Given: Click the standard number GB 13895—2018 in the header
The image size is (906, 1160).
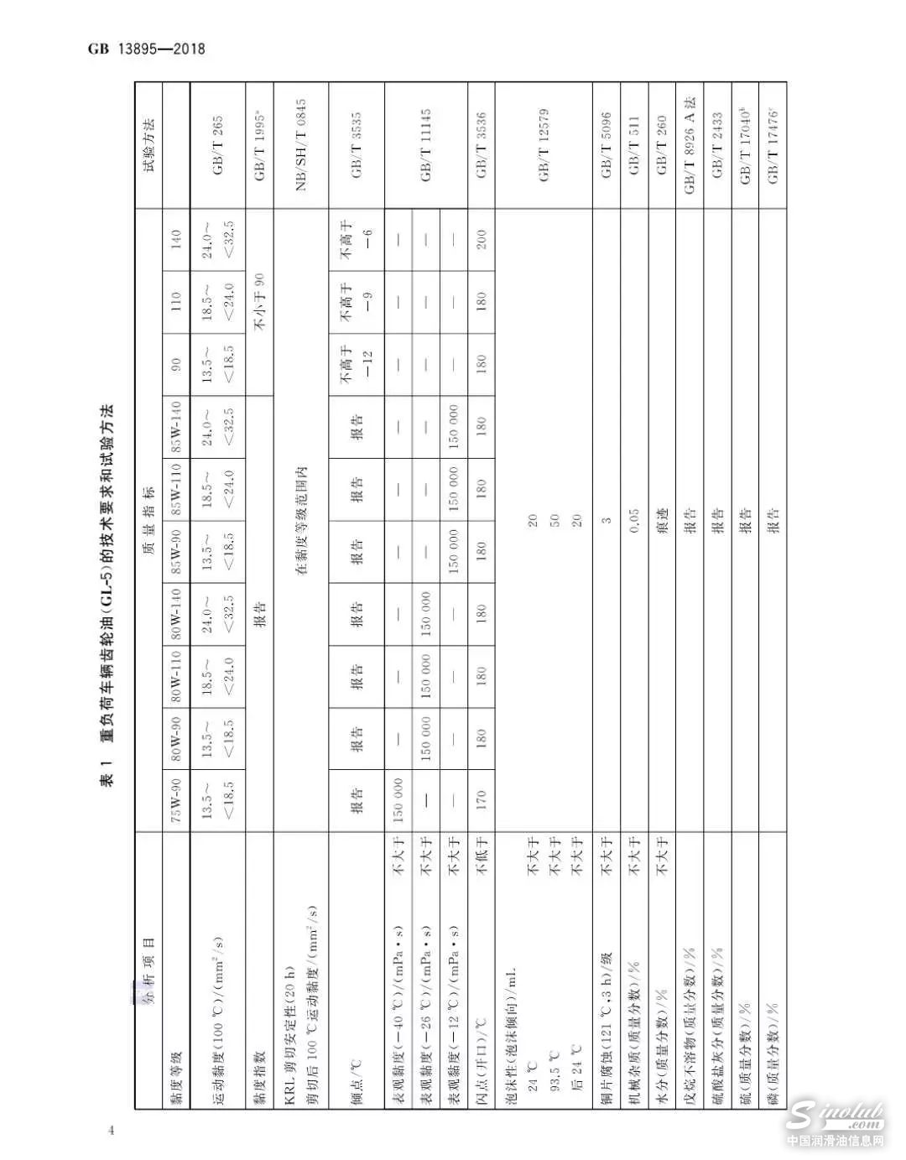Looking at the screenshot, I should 146,49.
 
